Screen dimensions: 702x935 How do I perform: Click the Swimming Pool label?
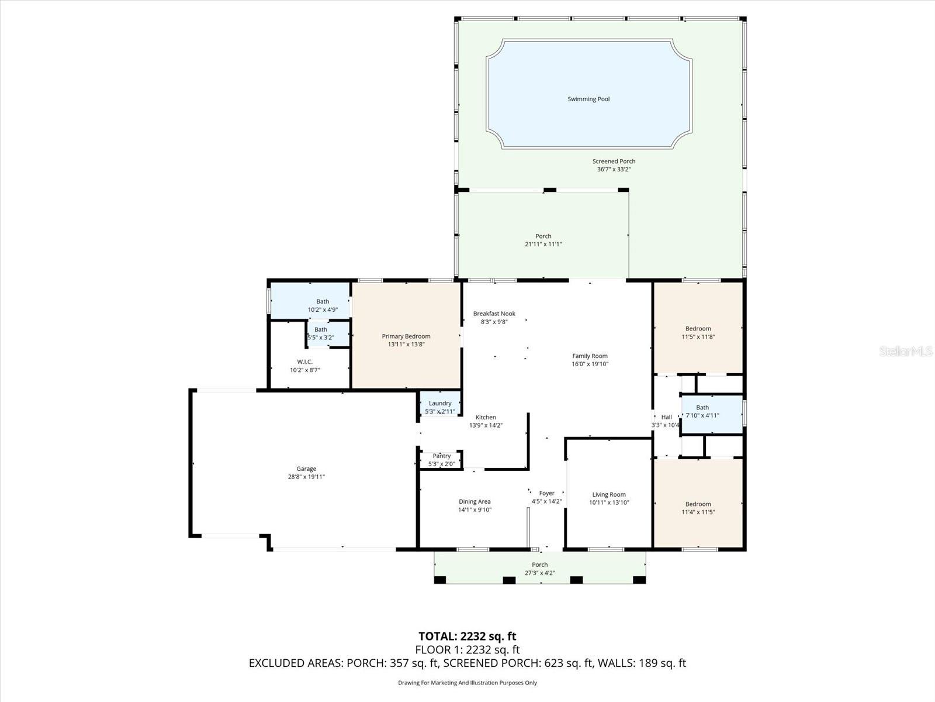click(588, 99)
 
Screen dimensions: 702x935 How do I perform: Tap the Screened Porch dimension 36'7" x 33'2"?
click(614, 170)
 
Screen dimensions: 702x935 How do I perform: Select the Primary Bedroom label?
click(406, 336)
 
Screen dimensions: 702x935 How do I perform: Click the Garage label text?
click(306, 469)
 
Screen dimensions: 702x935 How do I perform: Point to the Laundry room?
click(440, 404)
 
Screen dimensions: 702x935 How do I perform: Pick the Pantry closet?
click(442, 459)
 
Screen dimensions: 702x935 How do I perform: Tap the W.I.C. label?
click(304, 362)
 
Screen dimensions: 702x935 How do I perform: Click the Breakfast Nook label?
click(494, 314)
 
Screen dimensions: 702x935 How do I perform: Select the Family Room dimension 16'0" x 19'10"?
click(590, 364)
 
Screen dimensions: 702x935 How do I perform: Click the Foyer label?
click(546, 493)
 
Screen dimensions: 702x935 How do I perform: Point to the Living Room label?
click(609, 494)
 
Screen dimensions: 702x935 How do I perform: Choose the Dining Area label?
click(475, 501)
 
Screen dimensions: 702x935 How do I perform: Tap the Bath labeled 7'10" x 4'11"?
click(702, 412)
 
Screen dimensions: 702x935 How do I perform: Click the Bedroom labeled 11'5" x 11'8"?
click(698, 332)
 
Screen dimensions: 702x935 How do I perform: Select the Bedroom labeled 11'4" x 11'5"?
click(698, 508)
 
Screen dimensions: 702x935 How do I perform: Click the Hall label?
click(666, 417)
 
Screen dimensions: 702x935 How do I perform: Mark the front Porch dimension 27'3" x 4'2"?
click(539, 573)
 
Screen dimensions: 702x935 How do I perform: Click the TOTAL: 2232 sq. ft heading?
click(467, 636)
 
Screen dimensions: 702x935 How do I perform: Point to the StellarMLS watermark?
click(905, 351)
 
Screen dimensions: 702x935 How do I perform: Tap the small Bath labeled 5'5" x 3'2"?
click(321, 333)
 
